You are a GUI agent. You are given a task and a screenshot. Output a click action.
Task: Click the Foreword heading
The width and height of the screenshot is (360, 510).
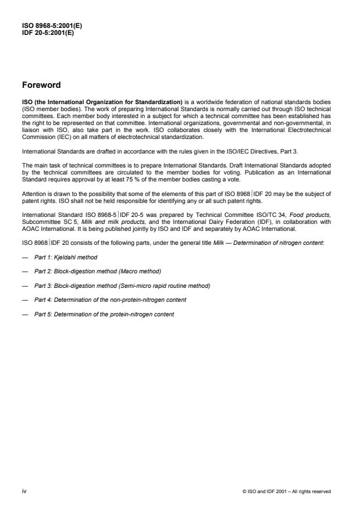[41, 85]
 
